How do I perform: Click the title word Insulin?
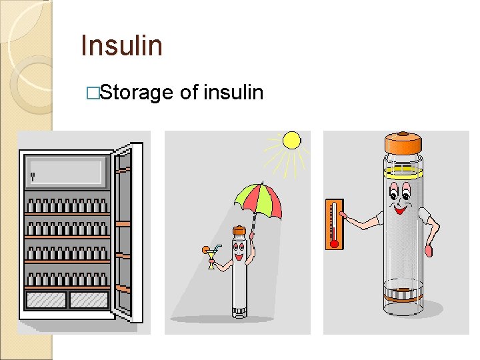(x=121, y=46)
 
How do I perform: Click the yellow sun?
(x=291, y=140)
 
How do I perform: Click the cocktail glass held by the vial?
(x=211, y=257)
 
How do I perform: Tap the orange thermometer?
(x=334, y=223)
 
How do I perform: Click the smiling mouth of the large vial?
(x=401, y=207)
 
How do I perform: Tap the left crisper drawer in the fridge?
(x=46, y=300)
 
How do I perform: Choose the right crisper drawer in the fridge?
(x=89, y=300)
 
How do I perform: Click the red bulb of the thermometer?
(x=334, y=243)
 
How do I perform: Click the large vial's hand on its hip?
(x=429, y=251)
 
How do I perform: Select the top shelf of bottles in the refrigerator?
(x=67, y=205)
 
